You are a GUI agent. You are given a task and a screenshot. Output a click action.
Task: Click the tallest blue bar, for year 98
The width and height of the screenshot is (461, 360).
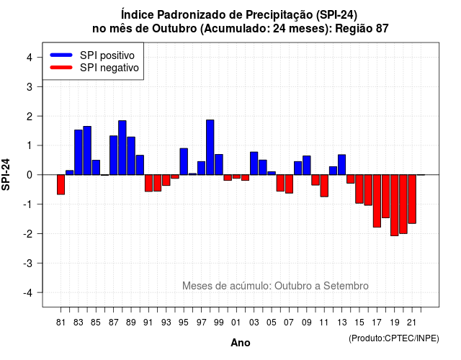[x=210, y=147]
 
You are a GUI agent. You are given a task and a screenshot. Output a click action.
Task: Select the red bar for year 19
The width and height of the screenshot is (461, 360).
[x=395, y=205]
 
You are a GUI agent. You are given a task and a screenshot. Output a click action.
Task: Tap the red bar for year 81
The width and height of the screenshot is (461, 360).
[x=61, y=184]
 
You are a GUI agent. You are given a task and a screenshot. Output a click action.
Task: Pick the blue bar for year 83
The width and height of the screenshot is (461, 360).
[x=79, y=152]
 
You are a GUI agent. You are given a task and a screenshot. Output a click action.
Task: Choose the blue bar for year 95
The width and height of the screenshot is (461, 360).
[x=184, y=161]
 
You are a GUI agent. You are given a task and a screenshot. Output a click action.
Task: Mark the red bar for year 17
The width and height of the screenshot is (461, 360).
[x=377, y=201]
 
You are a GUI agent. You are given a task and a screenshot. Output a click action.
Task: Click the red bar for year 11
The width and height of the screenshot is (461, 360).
[x=324, y=186]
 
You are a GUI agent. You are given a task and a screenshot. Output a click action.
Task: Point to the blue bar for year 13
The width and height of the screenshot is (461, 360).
[x=341, y=165]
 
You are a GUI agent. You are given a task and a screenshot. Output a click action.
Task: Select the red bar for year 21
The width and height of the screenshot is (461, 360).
[x=412, y=199]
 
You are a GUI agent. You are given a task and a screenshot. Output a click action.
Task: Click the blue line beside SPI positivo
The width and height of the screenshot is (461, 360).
[x=61, y=55]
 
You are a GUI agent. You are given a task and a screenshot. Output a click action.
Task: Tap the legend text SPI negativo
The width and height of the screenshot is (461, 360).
[x=109, y=68]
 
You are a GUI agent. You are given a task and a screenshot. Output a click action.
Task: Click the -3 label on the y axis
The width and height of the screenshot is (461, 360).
[x=28, y=264]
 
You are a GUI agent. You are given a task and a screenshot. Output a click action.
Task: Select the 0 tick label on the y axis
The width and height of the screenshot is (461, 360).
[x=30, y=175]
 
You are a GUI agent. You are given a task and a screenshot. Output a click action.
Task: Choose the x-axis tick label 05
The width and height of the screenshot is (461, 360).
[x=272, y=323]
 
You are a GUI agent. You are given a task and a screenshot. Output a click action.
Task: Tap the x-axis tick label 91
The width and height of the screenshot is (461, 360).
[x=148, y=323]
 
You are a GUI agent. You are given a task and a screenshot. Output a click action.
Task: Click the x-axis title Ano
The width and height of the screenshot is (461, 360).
[x=241, y=343]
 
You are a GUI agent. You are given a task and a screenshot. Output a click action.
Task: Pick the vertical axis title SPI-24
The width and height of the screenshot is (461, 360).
[x=6, y=174]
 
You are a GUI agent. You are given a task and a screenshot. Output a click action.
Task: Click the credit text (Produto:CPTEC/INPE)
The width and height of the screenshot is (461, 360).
[x=394, y=338]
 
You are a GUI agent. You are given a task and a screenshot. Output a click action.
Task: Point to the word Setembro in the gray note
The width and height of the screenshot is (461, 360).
[x=346, y=286]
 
